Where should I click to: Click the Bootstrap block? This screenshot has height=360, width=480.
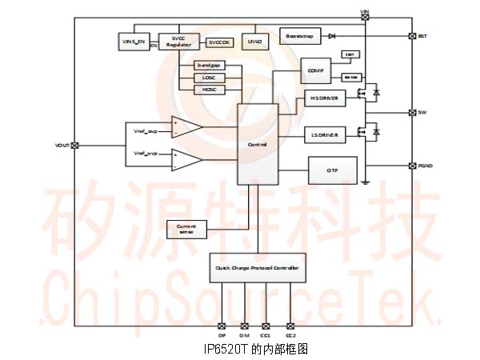point(300,37)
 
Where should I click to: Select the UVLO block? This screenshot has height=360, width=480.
point(254,41)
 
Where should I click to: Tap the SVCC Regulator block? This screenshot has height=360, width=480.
point(178,42)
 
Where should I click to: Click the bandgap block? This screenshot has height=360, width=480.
point(210,64)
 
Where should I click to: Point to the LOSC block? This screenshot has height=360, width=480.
point(210,77)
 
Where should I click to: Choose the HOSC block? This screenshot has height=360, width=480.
point(210,90)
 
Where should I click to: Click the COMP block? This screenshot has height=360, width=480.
point(314,71)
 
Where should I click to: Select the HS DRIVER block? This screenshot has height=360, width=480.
point(323,98)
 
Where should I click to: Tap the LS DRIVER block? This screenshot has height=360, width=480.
point(323,136)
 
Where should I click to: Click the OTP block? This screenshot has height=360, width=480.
point(332,170)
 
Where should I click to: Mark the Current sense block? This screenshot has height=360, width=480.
point(186,229)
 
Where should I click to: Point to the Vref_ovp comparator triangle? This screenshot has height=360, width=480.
point(185,128)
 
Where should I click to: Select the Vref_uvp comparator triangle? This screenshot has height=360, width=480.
point(185,159)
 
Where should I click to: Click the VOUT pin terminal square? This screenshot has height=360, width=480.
point(74,145)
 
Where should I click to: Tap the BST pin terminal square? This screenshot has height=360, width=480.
point(411,37)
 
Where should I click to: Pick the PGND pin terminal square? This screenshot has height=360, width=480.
point(411,166)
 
